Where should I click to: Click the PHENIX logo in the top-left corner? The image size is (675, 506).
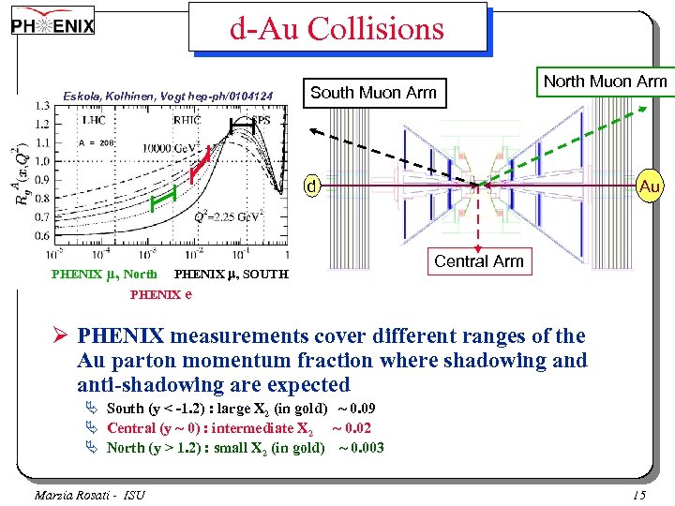[x=53, y=26]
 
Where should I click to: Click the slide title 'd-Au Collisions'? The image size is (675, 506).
[x=337, y=29]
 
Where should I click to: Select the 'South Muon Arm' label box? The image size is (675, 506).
[x=373, y=92]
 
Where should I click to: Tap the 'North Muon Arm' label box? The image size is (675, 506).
[x=605, y=82]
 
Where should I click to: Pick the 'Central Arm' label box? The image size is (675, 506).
[x=478, y=261]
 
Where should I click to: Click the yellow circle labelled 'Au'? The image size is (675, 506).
[x=650, y=186]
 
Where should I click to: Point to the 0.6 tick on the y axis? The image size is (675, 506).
[x=42, y=238]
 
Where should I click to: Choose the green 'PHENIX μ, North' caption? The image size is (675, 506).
[x=104, y=275]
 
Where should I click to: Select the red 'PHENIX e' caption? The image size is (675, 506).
[x=161, y=294]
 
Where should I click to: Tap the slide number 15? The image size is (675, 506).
[x=639, y=495]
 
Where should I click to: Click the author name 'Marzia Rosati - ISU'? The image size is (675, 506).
[x=90, y=495]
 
